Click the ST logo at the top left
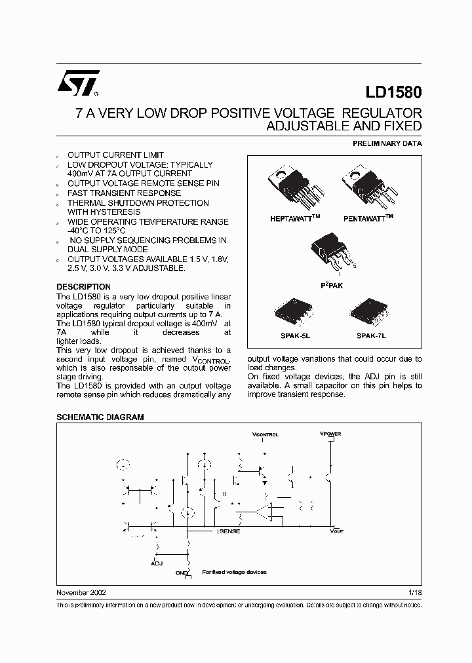pyautogui.click(x=78, y=83)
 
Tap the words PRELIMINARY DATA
pyautogui.click(x=387, y=143)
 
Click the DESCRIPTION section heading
pyautogui.click(x=83, y=287)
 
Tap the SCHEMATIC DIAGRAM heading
pyautogui.click(x=100, y=417)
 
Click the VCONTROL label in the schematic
pyautogui.click(x=265, y=434)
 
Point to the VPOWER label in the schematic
pyautogui.click(x=330, y=434)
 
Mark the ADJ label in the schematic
pyautogui.click(x=157, y=563)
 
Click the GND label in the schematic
pyautogui.click(x=181, y=572)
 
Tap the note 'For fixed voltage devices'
pyautogui.click(x=234, y=572)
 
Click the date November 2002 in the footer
pyautogui.click(x=81, y=592)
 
